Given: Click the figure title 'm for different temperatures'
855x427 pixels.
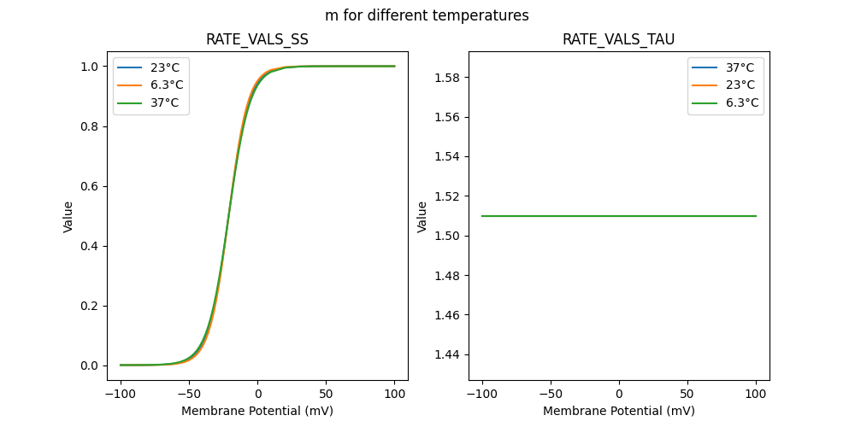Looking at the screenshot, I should [x=427, y=15].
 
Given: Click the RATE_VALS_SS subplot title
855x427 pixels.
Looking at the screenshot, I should [x=256, y=39].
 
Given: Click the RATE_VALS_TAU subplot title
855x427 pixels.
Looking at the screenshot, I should [x=619, y=39].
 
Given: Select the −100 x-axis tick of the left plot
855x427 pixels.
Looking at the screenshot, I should [x=121, y=395].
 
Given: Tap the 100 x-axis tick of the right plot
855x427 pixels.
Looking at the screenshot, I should [x=756, y=395].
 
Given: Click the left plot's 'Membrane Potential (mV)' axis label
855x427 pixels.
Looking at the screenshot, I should [x=256, y=411].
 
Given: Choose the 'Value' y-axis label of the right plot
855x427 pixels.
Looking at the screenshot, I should [x=422, y=216].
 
